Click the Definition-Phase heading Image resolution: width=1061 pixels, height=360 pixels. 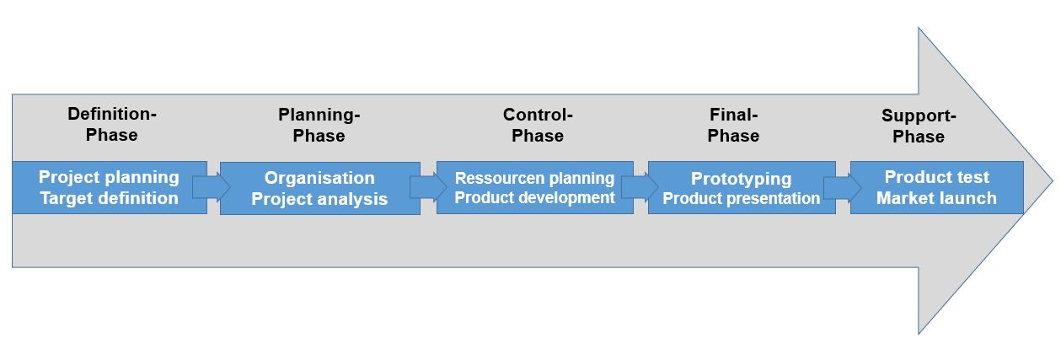(x=112, y=124)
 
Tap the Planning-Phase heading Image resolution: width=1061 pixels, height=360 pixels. (x=319, y=125)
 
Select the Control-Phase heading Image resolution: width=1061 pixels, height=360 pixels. (x=538, y=125)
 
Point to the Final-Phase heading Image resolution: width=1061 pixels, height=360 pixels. (x=733, y=125)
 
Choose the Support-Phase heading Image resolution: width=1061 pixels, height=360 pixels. (x=919, y=126)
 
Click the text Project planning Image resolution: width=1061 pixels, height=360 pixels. (x=109, y=177)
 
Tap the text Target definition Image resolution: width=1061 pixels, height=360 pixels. (x=109, y=198)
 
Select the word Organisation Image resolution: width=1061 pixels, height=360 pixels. (x=319, y=178)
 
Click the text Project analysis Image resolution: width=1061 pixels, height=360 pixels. (x=319, y=199)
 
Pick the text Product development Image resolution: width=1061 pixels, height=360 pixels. (x=535, y=197)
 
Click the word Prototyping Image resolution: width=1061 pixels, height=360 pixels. (x=742, y=179)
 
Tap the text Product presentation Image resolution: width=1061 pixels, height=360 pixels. (x=742, y=198)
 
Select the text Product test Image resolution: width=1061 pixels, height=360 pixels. (x=937, y=177)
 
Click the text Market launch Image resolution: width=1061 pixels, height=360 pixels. (x=936, y=198)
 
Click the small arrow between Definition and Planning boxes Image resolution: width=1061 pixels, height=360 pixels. (x=212, y=187)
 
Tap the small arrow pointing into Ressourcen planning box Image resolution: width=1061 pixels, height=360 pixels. (x=428, y=187)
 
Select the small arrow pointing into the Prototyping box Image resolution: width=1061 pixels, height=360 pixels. (x=640, y=187)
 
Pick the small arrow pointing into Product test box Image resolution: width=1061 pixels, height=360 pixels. (x=843, y=187)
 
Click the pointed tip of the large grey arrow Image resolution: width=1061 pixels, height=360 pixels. (x=1053, y=180)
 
